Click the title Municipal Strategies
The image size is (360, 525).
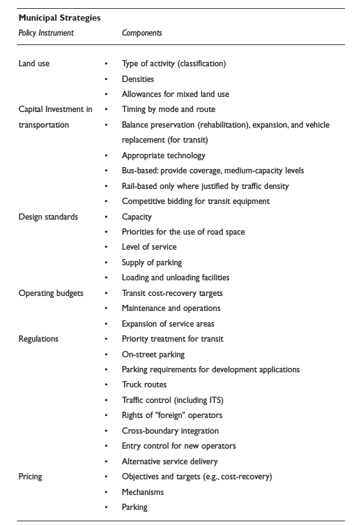click(59, 18)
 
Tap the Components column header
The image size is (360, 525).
click(142, 33)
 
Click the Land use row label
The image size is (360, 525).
click(34, 63)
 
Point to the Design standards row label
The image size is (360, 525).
click(48, 217)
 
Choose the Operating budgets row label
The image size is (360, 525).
click(51, 293)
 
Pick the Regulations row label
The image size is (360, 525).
click(38, 339)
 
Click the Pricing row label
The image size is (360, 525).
click(30, 476)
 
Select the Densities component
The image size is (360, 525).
click(138, 79)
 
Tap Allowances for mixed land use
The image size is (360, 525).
click(175, 94)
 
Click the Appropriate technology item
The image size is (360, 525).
click(163, 155)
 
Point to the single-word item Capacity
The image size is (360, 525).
click(136, 217)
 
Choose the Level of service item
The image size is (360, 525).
click(149, 247)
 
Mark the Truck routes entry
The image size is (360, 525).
click(144, 385)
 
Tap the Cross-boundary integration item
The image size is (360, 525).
click(170, 431)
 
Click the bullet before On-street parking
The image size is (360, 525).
click(106, 354)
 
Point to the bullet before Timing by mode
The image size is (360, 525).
click(106, 110)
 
